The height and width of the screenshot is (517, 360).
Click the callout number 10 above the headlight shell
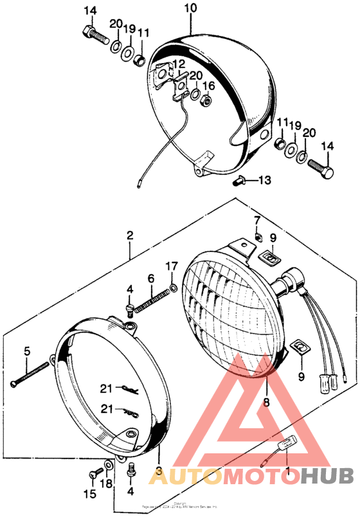(190, 9)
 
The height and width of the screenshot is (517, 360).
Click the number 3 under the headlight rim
(159, 472)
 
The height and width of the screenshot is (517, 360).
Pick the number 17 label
(171, 266)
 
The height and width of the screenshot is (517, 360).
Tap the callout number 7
(256, 221)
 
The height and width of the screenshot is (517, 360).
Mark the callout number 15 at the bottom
(89, 494)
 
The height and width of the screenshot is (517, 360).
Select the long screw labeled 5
(30, 374)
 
